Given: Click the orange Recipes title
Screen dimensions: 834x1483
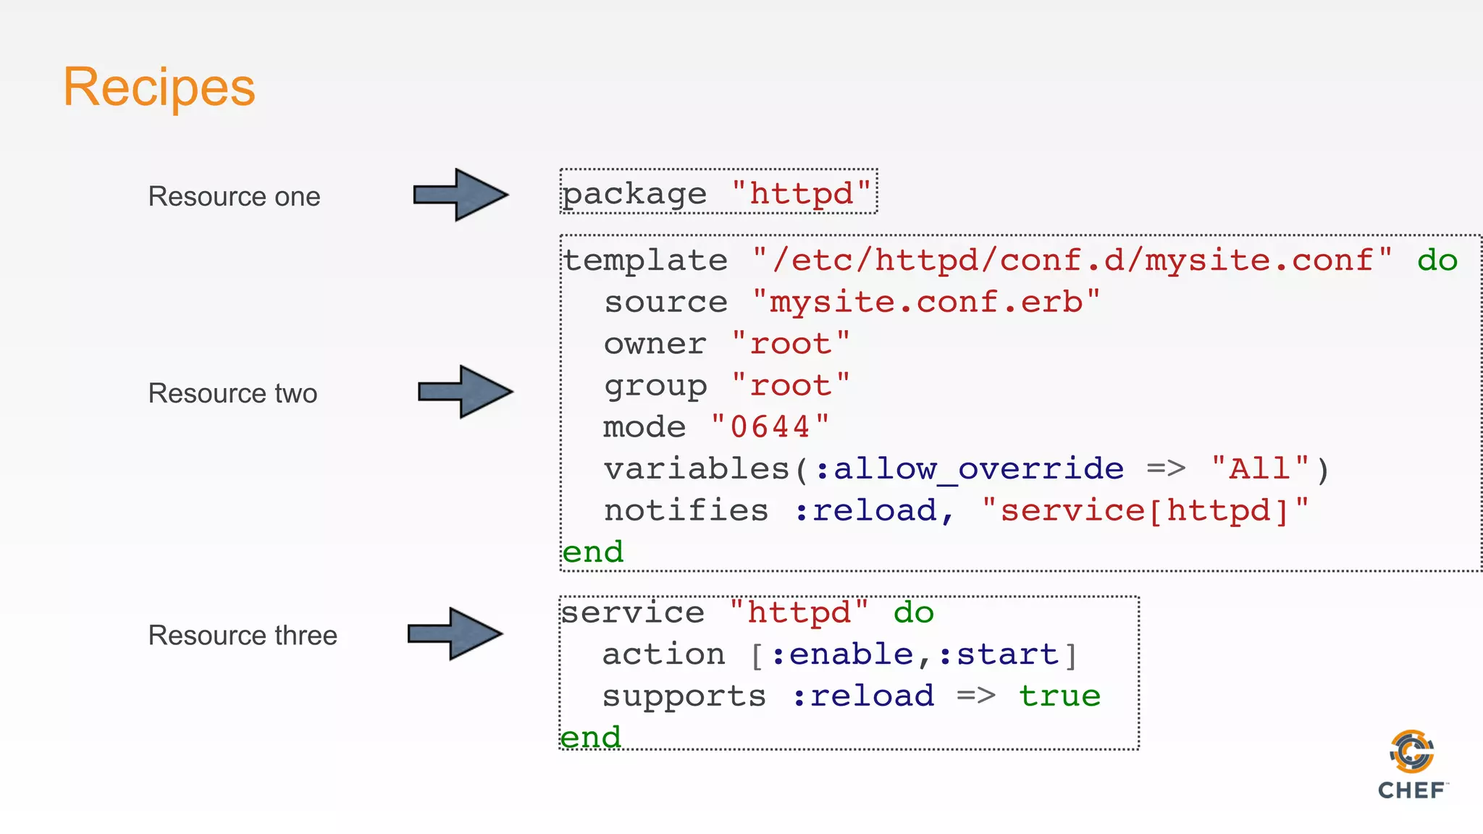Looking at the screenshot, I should point(159,88).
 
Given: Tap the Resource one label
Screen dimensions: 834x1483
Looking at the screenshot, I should point(234,197).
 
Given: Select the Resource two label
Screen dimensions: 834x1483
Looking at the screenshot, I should point(232,394).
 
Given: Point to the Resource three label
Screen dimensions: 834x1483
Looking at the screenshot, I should point(243,636).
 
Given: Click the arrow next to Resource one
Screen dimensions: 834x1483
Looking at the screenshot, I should point(461,195).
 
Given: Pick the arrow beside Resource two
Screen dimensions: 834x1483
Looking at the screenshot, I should point(465,392).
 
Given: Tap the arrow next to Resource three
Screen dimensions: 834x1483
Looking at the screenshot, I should point(455,633).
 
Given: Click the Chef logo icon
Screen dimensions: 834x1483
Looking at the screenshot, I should point(1412,753).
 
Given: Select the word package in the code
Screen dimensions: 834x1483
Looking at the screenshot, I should point(634,194).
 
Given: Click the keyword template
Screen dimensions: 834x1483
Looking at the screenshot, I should point(645,261).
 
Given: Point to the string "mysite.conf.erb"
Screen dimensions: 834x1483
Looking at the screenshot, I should point(926,303).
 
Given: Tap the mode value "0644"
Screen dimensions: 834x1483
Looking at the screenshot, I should point(770,427).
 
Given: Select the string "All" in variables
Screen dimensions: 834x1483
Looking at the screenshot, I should point(1260,469).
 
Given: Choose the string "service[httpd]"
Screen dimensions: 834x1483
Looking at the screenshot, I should point(1146,511).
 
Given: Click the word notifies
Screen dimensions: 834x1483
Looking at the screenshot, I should point(686,511).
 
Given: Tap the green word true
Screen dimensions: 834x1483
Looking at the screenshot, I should point(1059,696).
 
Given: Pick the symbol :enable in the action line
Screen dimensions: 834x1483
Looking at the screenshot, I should point(842,655).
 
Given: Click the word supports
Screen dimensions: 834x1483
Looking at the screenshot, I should point(684,696).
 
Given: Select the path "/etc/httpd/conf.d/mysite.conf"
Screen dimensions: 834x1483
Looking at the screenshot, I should point(1072,261).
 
